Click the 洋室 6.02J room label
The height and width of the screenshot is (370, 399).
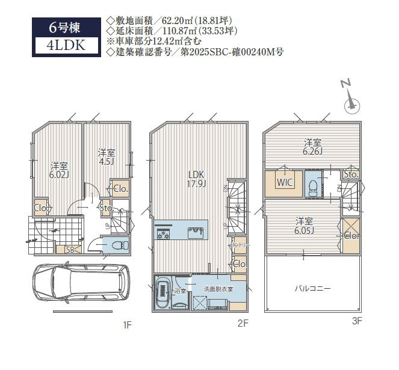(x=58, y=170)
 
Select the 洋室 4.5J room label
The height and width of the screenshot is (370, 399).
(x=106, y=157)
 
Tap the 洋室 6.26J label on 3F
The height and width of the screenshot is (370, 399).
(x=312, y=147)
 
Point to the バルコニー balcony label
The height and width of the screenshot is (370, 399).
(x=312, y=289)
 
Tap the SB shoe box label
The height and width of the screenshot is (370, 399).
(x=69, y=249)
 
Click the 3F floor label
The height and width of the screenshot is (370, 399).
(x=357, y=321)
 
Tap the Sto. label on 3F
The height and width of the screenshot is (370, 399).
(x=351, y=175)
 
